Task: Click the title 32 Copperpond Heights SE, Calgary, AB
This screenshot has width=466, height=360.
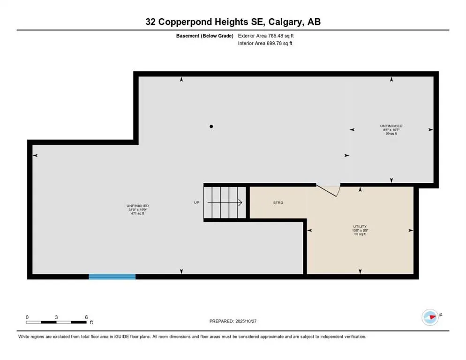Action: pos(233,22)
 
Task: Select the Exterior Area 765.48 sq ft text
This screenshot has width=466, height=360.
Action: pos(266,35)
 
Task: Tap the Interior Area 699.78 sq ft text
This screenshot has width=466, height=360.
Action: pos(265,43)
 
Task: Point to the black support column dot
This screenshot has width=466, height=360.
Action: pos(211,126)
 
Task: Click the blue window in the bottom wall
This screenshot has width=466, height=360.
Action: pos(112,277)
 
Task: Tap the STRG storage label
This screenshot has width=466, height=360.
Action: pos(278,203)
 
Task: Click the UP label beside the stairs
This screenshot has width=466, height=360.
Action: pos(197,203)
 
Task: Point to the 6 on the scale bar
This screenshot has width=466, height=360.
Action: pos(86,317)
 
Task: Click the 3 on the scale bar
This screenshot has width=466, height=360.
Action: pos(56,317)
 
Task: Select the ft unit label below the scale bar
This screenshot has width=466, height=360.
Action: pos(92,322)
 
